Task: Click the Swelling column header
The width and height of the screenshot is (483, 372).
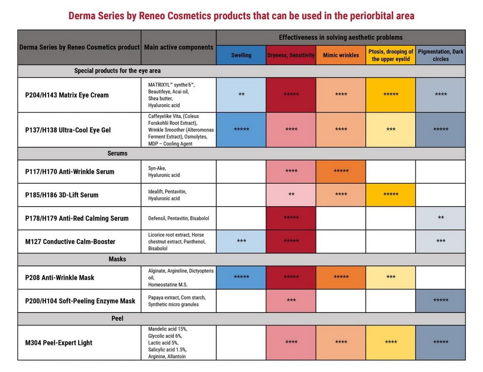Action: pos(241,55)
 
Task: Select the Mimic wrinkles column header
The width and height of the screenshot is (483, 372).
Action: pos(341,55)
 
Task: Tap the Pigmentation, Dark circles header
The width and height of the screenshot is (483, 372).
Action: pos(440,55)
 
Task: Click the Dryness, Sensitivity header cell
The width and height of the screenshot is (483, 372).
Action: pos(291,55)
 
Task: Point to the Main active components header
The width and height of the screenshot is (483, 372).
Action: pos(178,47)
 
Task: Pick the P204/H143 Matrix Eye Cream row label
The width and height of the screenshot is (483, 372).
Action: pos(67,95)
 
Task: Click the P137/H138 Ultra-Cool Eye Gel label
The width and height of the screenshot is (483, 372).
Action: pos(68,130)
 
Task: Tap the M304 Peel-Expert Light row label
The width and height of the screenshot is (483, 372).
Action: pos(59,343)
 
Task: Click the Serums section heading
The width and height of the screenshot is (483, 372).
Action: pos(117,153)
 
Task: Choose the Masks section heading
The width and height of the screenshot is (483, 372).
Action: pos(117,259)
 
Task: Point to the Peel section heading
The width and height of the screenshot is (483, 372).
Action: pos(117,318)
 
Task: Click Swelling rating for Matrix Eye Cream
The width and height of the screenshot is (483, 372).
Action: pos(241,95)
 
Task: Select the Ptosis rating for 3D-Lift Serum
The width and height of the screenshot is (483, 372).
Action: pos(390,195)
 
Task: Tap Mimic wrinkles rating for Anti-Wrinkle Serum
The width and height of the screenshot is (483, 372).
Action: pos(341,171)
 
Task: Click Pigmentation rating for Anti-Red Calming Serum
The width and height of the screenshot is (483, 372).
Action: pos(441,218)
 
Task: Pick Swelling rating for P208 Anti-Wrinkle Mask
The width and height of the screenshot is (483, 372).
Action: pos(241,277)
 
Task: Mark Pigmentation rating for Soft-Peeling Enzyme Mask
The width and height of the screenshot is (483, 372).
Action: pos(441,300)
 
